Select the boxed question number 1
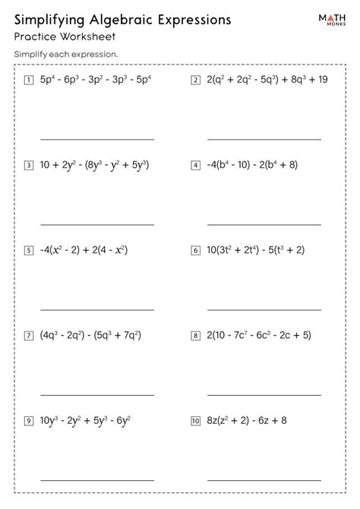[x=29, y=79]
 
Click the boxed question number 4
[x=195, y=164]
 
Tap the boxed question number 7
[x=29, y=334]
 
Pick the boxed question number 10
[x=195, y=420]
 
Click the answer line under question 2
[x=264, y=139]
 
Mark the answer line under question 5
[x=96, y=310]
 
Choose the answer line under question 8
[x=264, y=395]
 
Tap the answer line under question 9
[x=96, y=480]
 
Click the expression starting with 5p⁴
[x=96, y=79]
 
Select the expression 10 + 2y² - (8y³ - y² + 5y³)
[x=94, y=164]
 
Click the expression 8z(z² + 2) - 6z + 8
[x=244, y=420]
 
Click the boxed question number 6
[x=195, y=249]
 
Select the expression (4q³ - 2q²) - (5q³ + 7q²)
[x=91, y=334]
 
